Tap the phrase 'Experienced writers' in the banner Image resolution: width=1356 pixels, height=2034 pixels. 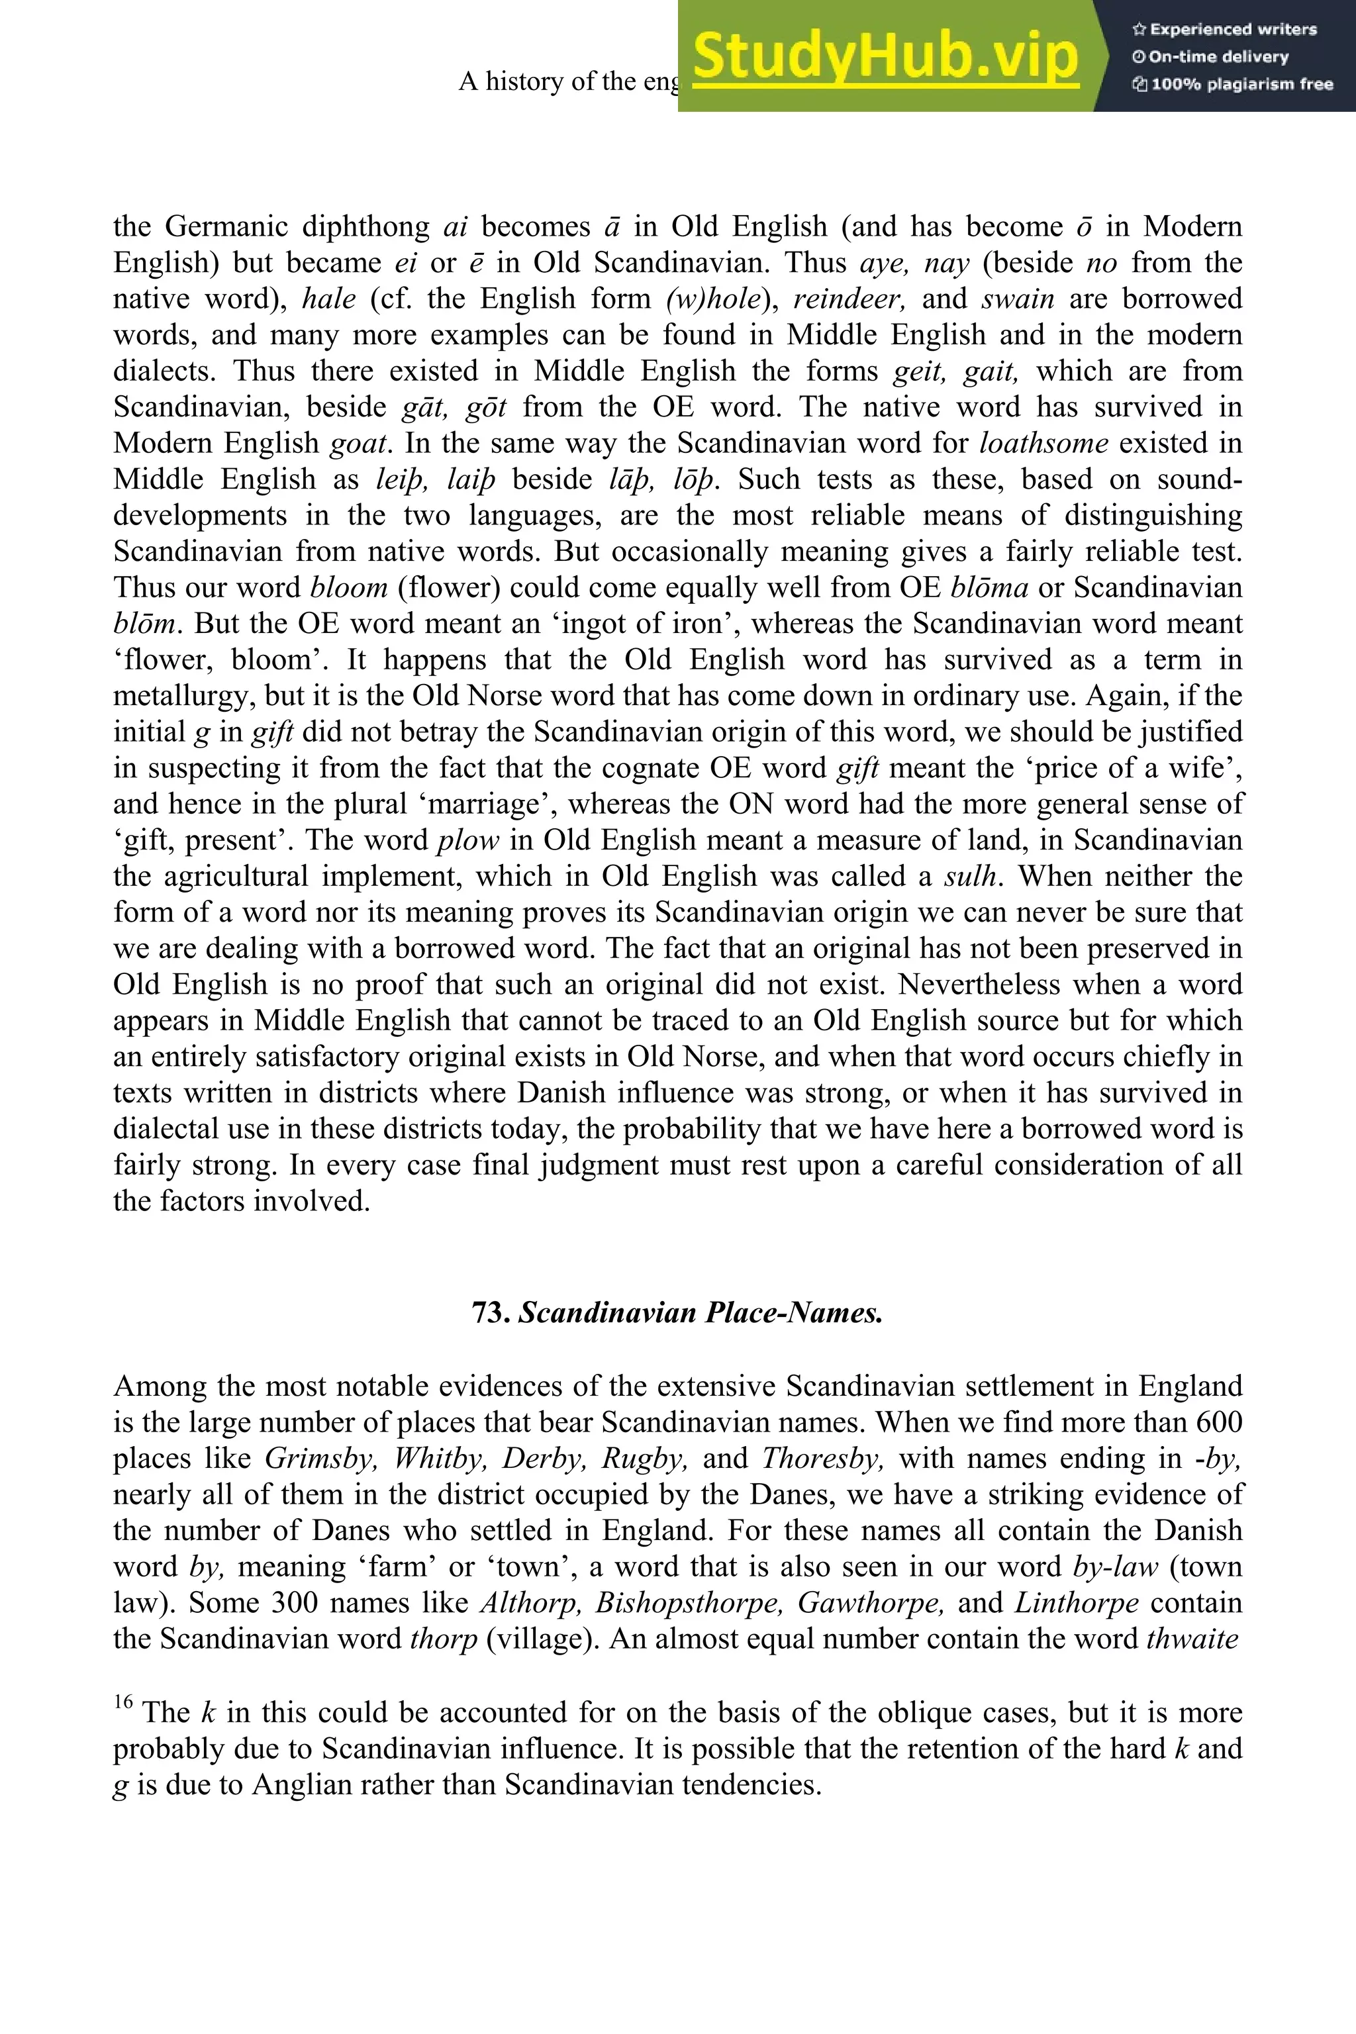pyautogui.click(x=1232, y=29)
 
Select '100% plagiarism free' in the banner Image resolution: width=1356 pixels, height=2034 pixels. pyautogui.click(x=1241, y=84)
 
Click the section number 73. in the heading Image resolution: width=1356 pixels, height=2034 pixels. pyautogui.click(x=492, y=1313)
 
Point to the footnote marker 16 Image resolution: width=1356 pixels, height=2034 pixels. pyautogui.click(x=122, y=1702)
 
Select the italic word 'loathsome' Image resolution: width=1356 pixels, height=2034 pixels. pyautogui.click(x=1043, y=443)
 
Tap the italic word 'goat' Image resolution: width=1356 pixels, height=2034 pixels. pyautogui.click(x=357, y=443)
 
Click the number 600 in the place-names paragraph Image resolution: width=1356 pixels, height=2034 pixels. pyautogui.click(x=1220, y=1422)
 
